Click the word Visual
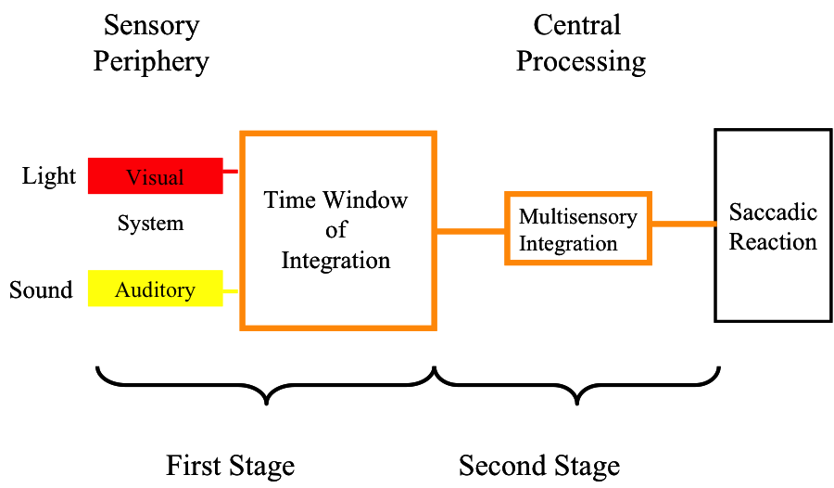point(155,177)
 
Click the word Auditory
point(155,290)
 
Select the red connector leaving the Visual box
point(232,172)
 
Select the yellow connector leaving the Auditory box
point(232,291)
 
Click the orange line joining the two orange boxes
point(471,231)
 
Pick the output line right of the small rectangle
point(684,224)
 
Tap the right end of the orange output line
point(714,224)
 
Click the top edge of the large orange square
point(338,134)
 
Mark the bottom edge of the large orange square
point(338,327)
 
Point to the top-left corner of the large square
point(242,134)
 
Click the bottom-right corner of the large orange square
point(434,327)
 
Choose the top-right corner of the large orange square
point(434,134)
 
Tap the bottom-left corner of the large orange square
point(242,327)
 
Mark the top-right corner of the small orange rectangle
point(650,194)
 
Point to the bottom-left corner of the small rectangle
point(507,263)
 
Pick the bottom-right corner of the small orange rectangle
point(650,263)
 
